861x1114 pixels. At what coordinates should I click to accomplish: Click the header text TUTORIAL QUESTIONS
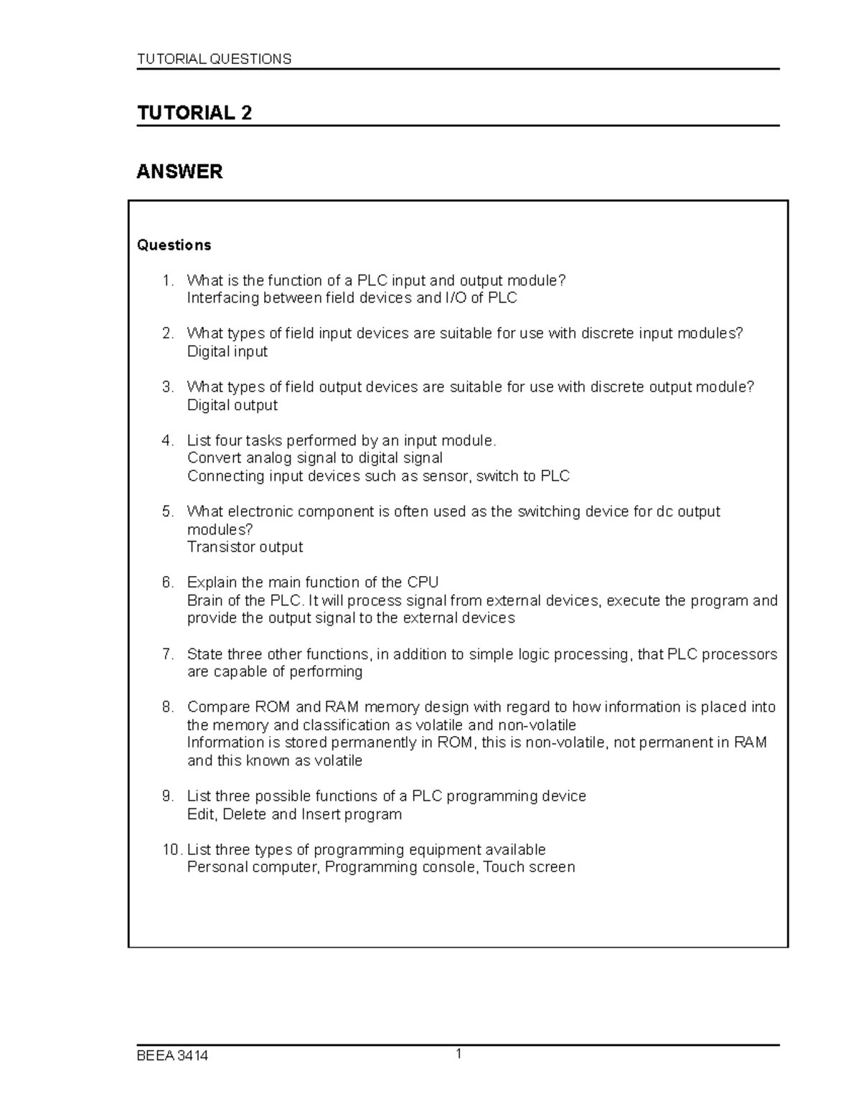point(214,59)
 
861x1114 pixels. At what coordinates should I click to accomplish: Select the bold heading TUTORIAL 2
point(194,113)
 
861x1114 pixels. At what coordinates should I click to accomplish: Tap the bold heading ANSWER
point(179,171)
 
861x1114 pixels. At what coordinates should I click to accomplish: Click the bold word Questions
point(174,245)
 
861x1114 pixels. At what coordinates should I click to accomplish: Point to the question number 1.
point(167,280)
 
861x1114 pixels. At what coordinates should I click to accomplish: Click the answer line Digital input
point(227,351)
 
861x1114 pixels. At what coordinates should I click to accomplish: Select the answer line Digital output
point(232,405)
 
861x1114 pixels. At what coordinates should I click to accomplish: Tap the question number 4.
point(167,440)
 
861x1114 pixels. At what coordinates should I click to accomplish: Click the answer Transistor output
point(245,547)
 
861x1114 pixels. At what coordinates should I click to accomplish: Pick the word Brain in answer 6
point(204,600)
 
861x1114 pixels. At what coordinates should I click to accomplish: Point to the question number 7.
point(167,654)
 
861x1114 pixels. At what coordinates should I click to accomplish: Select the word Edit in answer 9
point(202,814)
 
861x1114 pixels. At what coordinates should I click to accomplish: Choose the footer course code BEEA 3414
point(172,1056)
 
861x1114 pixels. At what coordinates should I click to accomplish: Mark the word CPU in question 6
point(423,582)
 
